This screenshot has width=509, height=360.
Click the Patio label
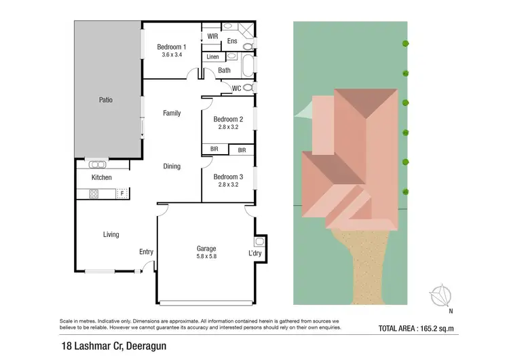105,100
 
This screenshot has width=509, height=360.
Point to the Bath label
224,70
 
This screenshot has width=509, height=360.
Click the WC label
237,88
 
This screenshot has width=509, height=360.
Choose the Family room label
172,113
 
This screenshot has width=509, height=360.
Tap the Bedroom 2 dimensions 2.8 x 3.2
229,126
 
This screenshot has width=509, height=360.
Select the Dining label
172,166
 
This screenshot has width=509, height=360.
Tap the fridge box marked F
122,194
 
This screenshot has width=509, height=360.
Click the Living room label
111,235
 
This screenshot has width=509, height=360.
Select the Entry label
146,252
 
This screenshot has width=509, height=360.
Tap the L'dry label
255,253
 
